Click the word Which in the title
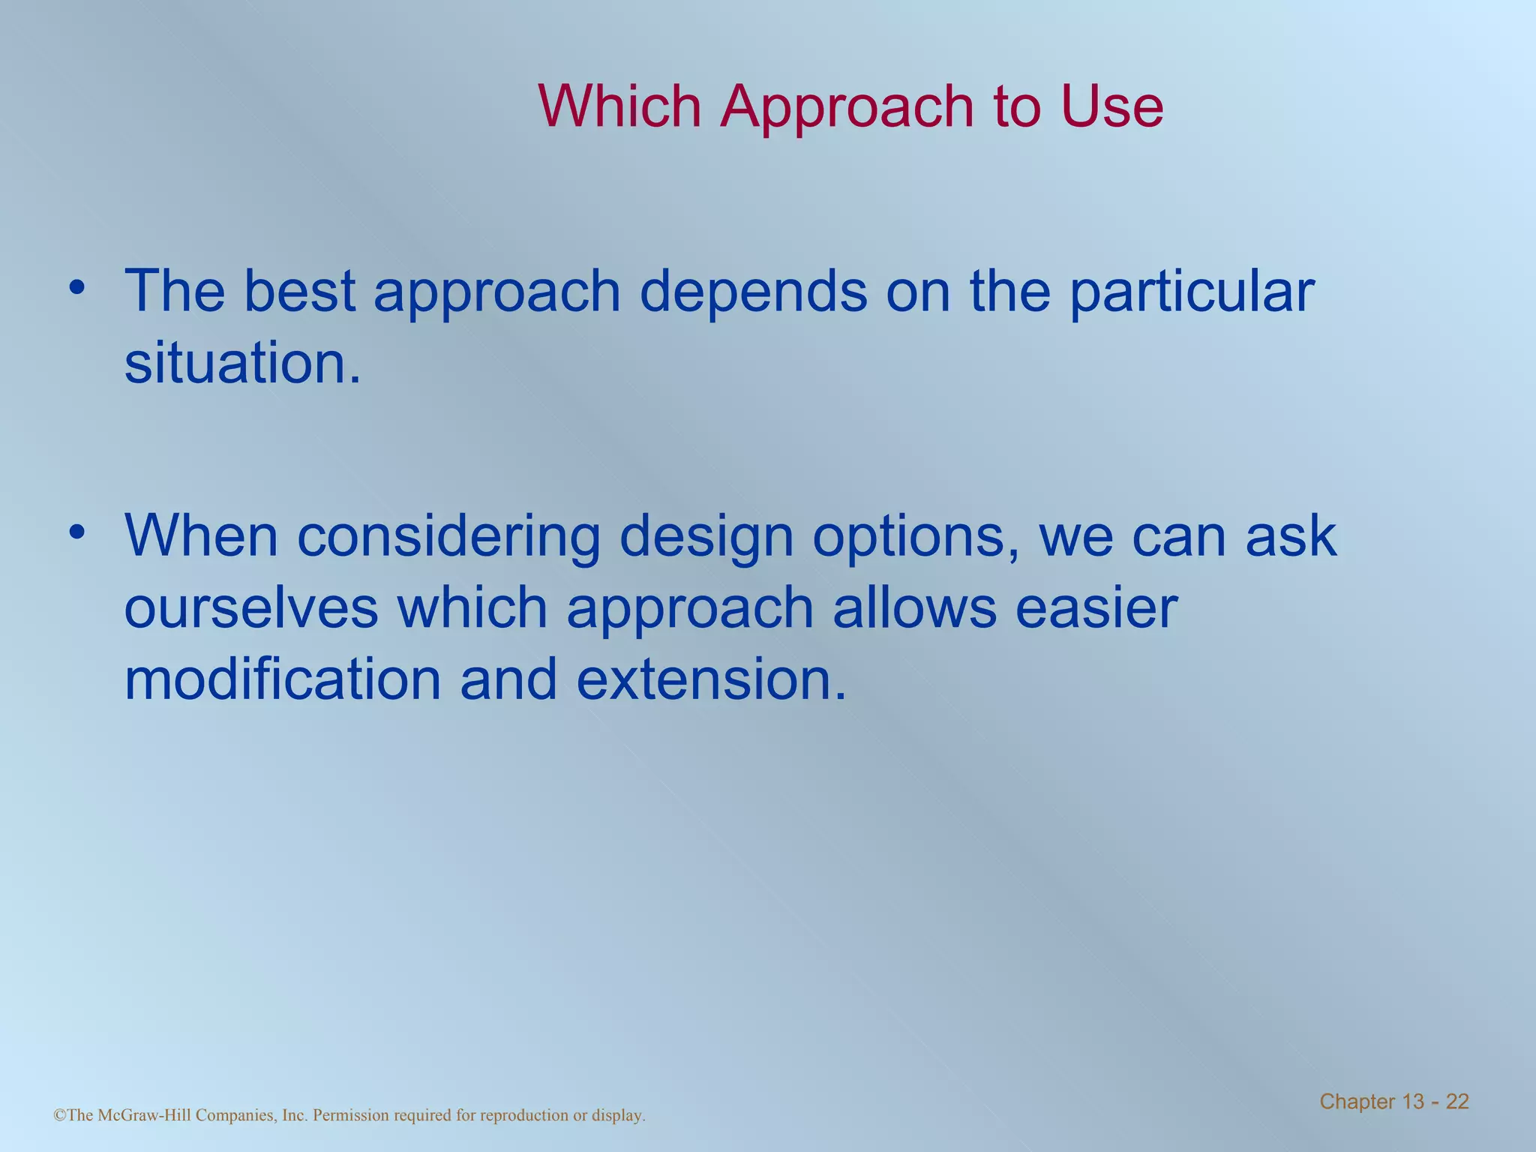point(619,106)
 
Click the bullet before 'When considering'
point(76,532)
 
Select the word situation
point(241,363)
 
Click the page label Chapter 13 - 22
point(1393,1102)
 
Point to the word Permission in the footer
point(350,1115)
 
